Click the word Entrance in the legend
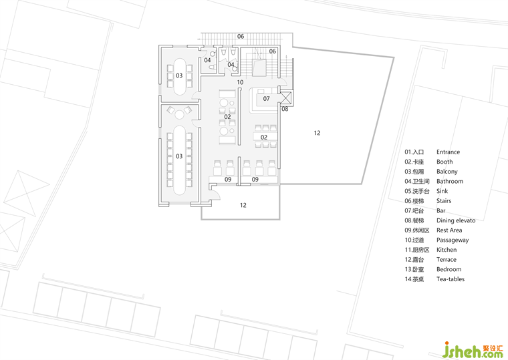click(448, 152)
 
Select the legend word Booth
click(444, 162)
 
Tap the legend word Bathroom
click(450, 181)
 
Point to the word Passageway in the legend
click(453, 240)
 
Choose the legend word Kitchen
click(447, 250)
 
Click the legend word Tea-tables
click(451, 279)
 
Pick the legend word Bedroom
click(449, 269)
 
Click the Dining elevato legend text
click(456, 220)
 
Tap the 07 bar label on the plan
click(266, 98)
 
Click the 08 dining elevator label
click(285, 109)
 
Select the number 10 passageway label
click(240, 82)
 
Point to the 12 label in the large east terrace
click(317, 133)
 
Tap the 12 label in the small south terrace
click(243, 205)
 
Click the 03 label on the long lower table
click(179, 156)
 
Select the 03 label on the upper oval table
click(179, 75)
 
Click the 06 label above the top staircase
click(241, 36)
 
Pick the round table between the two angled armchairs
click(179, 115)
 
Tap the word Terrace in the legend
click(446, 260)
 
